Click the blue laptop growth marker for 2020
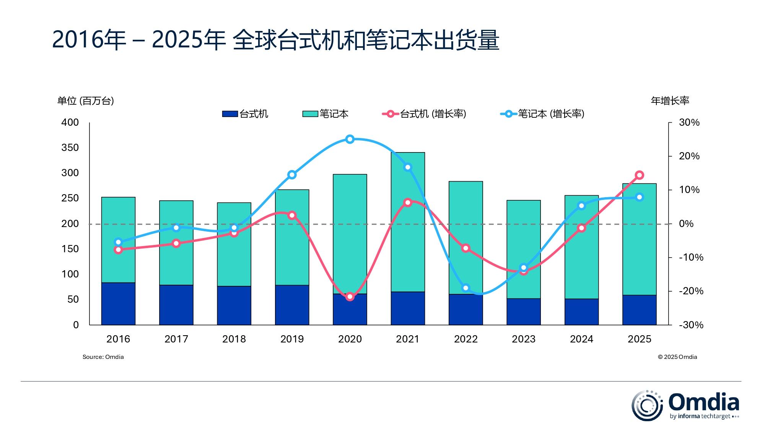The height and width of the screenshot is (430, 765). (x=350, y=139)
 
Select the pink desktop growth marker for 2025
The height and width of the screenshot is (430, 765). (x=639, y=175)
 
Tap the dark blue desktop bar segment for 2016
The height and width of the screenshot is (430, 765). (x=118, y=304)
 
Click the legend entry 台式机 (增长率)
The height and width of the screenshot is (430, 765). (x=425, y=114)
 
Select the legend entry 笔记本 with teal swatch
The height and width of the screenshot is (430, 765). (x=326, y=114)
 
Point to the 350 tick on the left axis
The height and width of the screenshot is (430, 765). (x=70, y=148)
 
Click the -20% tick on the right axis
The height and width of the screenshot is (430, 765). (x=691, y=291)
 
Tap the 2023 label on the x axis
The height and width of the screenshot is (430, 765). (x=523, y=339)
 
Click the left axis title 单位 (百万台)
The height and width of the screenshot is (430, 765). (x=86, y=101)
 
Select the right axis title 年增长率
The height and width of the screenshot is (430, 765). (x=670, y=101)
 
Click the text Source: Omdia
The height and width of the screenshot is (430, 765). (x=103, y=357)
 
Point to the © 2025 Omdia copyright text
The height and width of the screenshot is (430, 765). (x=677, y=357)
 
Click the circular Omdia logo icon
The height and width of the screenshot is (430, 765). (x=647, y=406)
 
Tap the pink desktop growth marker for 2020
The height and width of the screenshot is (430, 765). (x=350, y=297)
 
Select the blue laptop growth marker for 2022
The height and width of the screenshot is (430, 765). (x=466, y=288)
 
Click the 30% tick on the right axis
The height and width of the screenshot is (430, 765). (x=689, y=123)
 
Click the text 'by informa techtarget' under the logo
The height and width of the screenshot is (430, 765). (x=700, y=416)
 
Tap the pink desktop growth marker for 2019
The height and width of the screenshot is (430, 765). (x=292, y=215)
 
